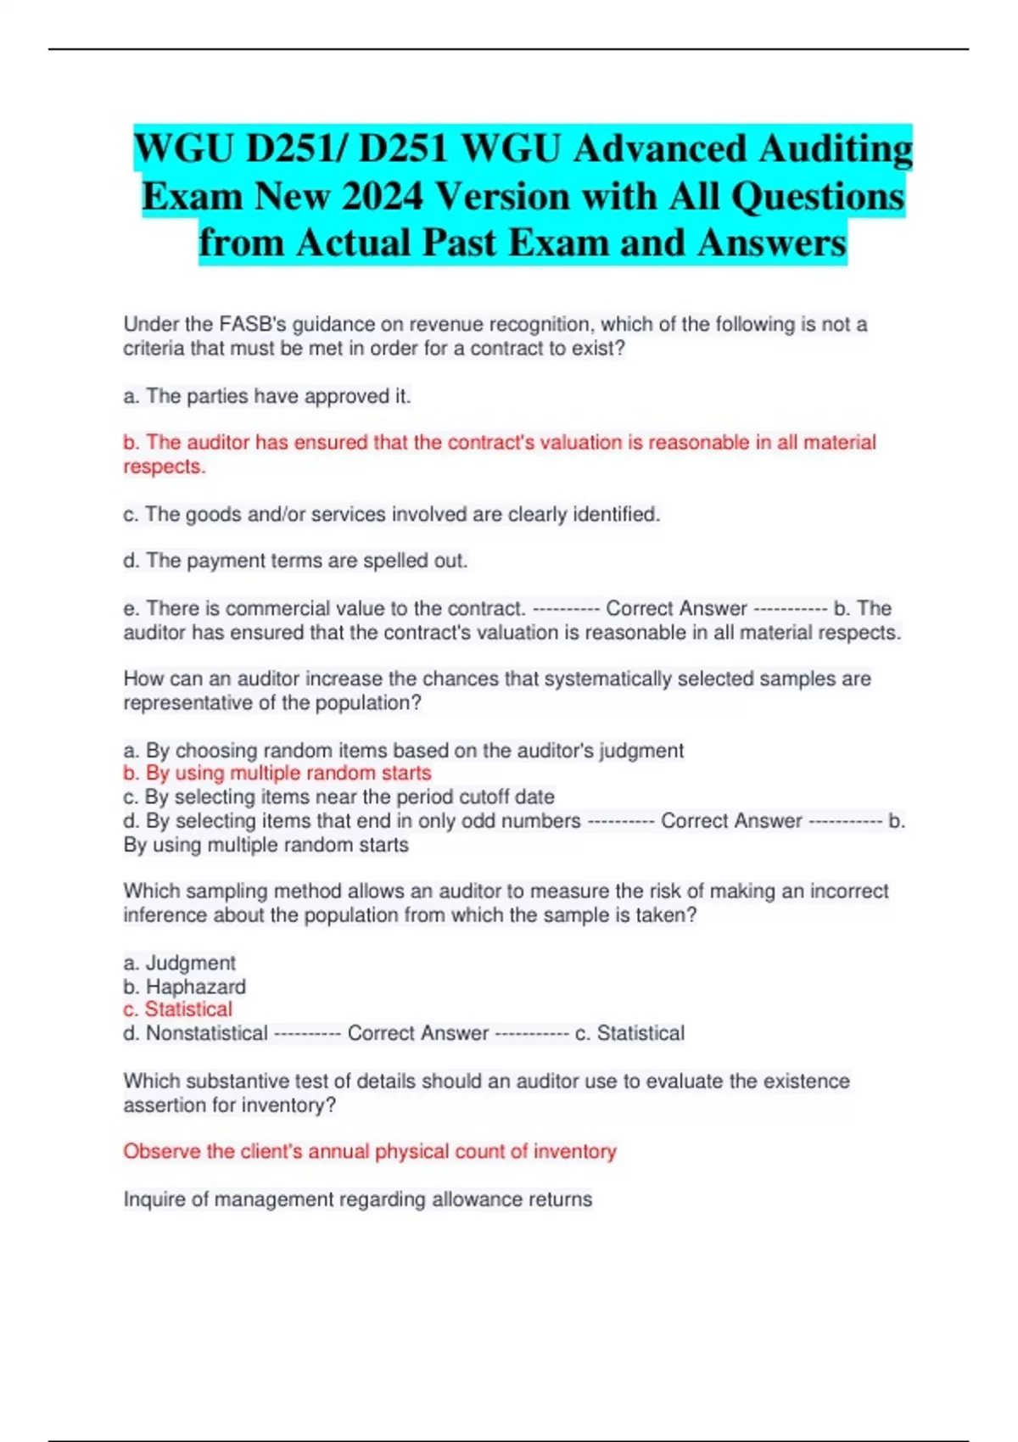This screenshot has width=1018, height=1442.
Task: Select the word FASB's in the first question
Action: pyautogui.click(x=253, y=324)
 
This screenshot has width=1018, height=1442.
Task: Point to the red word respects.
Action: pyautogui.click(x=164, y=467)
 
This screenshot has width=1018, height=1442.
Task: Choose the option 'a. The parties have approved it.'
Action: pyautogui.click(x=267, y=396)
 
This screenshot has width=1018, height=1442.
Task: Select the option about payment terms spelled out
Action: pyautogui.click(x=295, y=561)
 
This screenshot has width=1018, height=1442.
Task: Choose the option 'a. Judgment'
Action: pyautogui.click(x=179, y=963)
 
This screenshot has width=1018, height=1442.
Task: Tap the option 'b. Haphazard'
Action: pyautogui.click(x=184, y=986)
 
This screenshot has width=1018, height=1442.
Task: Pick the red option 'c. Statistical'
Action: pyautogui.click(x=177, y=1009)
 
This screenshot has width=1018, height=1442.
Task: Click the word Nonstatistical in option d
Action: pyautogui.click(x=206, y=1033)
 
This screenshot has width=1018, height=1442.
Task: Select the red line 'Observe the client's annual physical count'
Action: pyautogui.click(x=369, y=1151)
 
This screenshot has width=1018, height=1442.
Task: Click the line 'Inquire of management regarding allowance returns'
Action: pyautogui.click(x=357, y=1199)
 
